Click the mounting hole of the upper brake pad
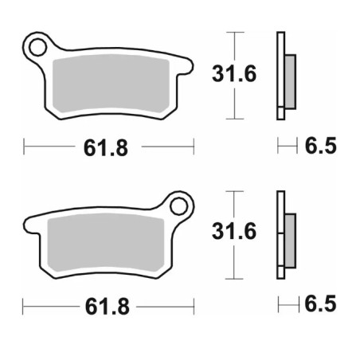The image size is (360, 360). (x=37, y=47)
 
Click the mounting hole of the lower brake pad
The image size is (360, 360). (x=178, y=206)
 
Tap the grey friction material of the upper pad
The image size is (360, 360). (x=111, y=83)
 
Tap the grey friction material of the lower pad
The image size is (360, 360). (x=106, y=243)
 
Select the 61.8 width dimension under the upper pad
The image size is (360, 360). (x=106, y=147)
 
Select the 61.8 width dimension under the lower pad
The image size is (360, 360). (x=108, y=307)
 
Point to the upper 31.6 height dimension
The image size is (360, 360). (x=234, y=73)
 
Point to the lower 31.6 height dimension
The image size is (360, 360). (x=234, y=231)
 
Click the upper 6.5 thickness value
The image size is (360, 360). (x=321, y=146)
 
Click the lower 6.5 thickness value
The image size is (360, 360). (x=321, y=303)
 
